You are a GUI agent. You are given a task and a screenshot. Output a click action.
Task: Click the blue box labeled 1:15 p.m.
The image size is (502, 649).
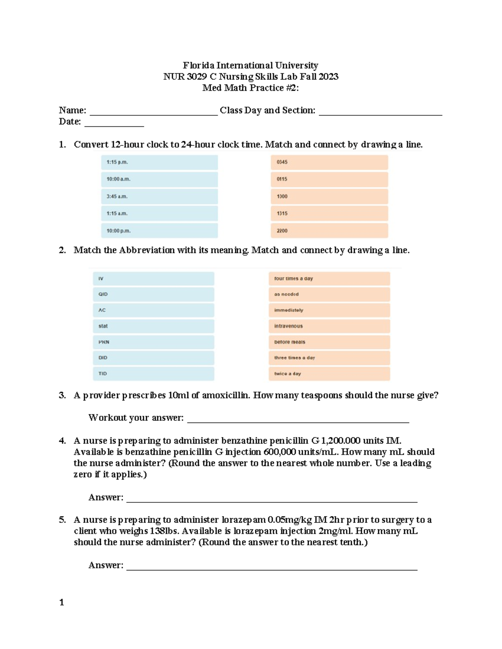[x=159, y=162]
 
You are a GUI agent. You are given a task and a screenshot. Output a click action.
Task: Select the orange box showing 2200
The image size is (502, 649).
[x=329, y=231]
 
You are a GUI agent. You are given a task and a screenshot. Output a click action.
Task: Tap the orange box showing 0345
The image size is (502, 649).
[x=329, y=162]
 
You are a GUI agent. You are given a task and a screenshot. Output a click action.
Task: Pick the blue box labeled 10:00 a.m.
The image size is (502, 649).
[x=159, y=179]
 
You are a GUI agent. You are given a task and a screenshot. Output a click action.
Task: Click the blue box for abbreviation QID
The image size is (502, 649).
[x=153, y=294]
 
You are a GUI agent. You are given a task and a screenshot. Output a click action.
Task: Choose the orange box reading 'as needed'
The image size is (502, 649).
[x=329, y=294]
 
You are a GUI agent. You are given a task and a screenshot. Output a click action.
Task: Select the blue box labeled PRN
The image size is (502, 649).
[x=153, y=342]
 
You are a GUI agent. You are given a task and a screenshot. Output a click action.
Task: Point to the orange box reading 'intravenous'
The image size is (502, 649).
[x=329, y=326]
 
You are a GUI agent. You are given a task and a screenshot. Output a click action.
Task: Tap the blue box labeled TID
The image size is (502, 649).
[x=153, y=374]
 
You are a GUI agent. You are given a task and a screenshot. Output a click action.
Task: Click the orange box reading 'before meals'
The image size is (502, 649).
[x=329, y=342]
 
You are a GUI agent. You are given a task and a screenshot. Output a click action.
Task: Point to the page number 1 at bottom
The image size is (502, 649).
[x=61, y=602]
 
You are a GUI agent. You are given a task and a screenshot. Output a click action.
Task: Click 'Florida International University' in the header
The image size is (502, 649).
[x=250, y=66]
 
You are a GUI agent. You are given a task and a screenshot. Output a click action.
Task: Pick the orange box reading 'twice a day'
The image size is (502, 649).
[x=329, y=374]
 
